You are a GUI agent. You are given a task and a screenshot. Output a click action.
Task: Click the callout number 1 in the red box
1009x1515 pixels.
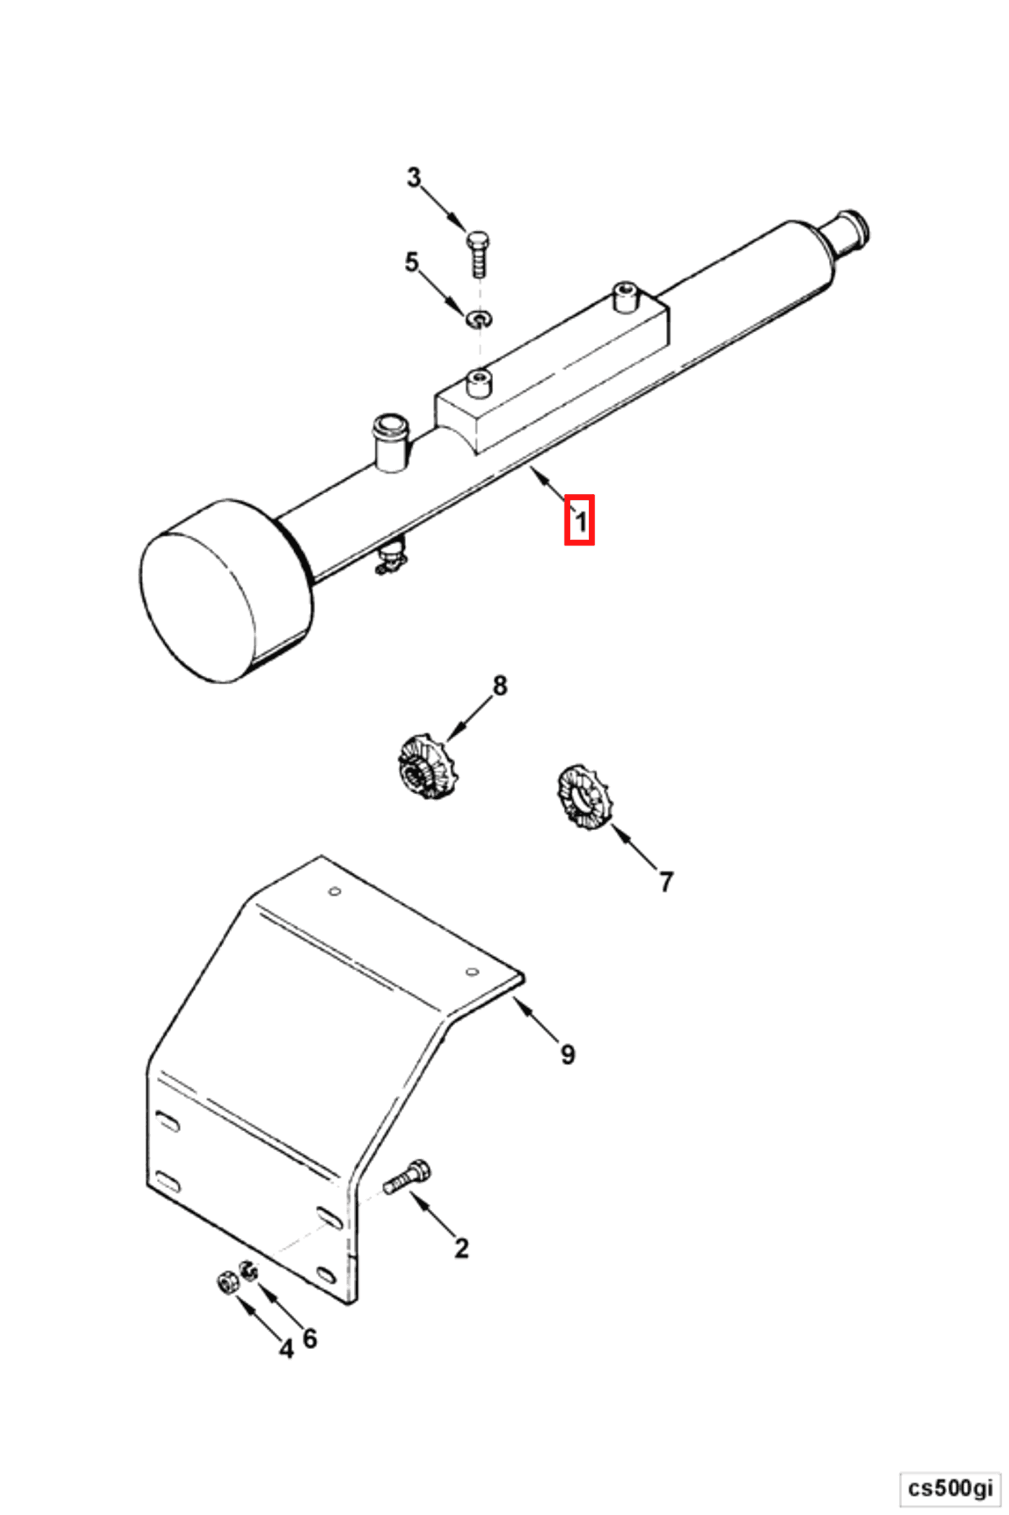tap(579, 521)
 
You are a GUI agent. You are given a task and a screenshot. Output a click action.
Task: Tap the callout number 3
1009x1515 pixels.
tap(414, 177)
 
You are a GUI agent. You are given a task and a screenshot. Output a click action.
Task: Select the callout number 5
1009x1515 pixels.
tap(412, 263)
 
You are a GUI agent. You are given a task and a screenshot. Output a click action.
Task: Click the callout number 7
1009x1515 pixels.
tap(666, 881)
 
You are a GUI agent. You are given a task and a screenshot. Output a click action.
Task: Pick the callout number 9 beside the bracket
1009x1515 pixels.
tap(568, 1054)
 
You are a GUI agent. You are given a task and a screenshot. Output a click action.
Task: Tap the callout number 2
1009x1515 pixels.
tap(461, 1248)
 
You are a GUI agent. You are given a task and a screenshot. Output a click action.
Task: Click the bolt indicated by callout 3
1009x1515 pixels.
tap(477, 253)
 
